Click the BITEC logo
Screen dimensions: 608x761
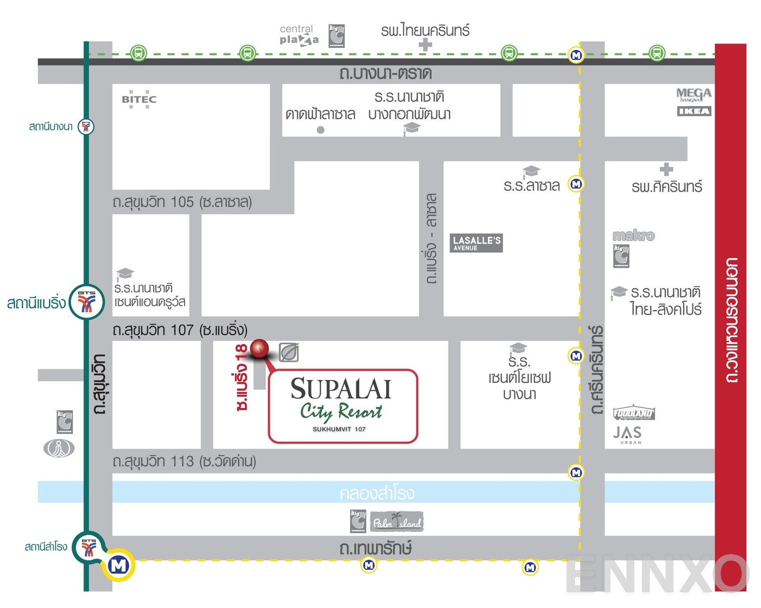pyautogui.click(x=139, y=99)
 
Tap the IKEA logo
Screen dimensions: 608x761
pyautogui.click(x=694, y=111)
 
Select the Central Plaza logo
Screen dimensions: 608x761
pyautogui.click(x=299, y=35)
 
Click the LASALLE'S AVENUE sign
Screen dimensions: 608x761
pyautogui.click(x=476, y=243)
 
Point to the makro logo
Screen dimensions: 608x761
pyautogui.click(x=634, y=235)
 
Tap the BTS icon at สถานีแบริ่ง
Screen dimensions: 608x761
pyautogui.click(x=87, y=302)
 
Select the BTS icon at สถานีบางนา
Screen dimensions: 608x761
pyautogui.click(x=86, y=126)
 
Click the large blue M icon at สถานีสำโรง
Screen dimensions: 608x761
pyautogui.click(x=118, y=565)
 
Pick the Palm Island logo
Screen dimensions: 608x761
pyautogui.click(x=397, y=522)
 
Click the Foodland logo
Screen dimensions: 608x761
pyautogui.click(x=634, y=413)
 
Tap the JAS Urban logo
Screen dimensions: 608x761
pyautogui.click(x=628, y=434)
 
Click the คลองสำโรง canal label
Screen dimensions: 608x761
pyautogui.click(x=377, y=493)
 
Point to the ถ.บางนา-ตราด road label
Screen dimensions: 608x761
pyautogui.click(x=385, y=74)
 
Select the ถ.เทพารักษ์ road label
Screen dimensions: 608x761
pyautogui.click(x=375, y=549)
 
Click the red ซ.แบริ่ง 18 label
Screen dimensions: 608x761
pyautogui.click(x=242, y=378)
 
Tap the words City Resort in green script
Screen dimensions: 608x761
pyautogui.click(x=341, y=411)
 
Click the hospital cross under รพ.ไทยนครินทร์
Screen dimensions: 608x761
pyautogui.click(x=425, y=45)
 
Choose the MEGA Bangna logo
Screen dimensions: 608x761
pyautogui.click(x=694, y=95)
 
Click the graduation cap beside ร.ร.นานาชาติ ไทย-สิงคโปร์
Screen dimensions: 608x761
pyautogui.click(x=619, y=292)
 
